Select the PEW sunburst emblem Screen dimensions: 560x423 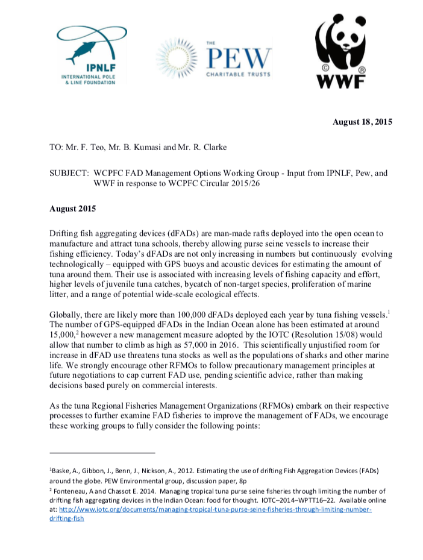[178, 57]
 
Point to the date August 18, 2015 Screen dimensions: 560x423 [362, 122]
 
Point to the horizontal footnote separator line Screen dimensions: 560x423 [102, 453]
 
